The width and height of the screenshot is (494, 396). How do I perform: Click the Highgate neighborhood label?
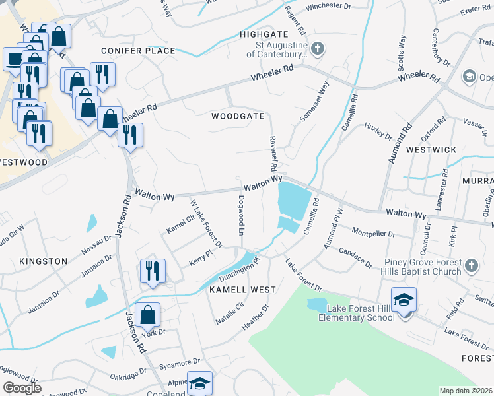coord(264,34)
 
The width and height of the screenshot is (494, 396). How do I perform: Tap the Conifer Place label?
coord(138,51)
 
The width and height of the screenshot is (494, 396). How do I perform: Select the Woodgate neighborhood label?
coord(238,116)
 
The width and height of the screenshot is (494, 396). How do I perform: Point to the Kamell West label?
coord(242,290)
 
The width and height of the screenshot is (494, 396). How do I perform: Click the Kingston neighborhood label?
coord(44,261)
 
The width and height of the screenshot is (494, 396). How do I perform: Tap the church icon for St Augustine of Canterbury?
coord(318,49)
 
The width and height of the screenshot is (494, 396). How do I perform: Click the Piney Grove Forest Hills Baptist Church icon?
coord(471,265)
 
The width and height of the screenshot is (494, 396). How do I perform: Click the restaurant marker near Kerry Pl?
coord(152,271)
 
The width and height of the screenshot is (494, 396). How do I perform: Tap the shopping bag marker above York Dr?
coord(147,315)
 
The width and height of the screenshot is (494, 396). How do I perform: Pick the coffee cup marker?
coord(14,59)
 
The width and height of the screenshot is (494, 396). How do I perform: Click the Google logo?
coord(22,387)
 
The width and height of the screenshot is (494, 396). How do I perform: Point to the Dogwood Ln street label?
coord(240,215)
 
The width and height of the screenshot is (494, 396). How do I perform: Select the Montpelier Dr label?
coord(373,234)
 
